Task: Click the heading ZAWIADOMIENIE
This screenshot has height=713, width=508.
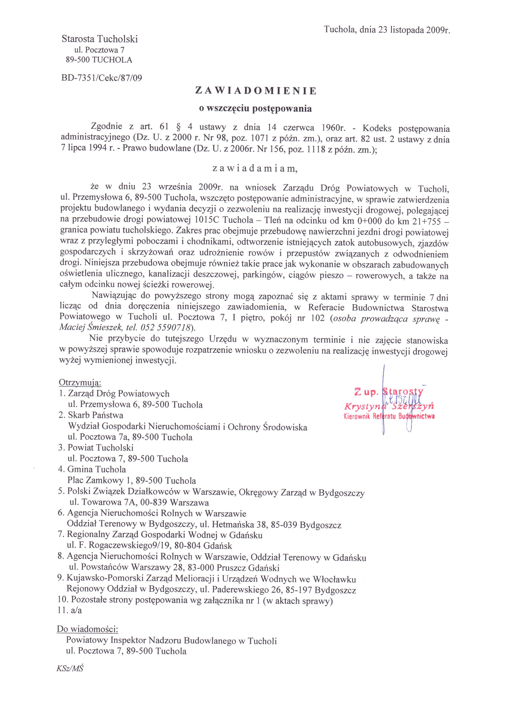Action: (x=256, y=91)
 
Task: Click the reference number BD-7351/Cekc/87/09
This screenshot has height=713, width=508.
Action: (x=102, y=78)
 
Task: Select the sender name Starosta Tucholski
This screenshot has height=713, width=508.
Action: (x=100, y=39)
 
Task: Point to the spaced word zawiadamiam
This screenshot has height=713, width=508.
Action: (x=254, y=169)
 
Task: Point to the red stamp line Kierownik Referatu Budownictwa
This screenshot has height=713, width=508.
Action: (x=389, y=416)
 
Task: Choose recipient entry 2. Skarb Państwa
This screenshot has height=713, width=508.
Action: (x=91, y=415)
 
